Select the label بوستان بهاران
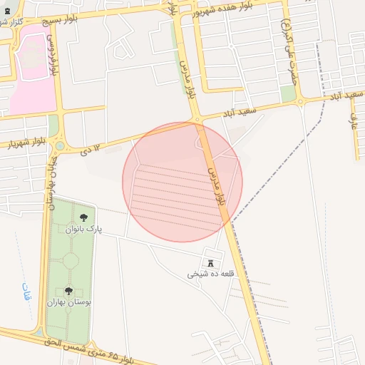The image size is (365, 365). point(69,302)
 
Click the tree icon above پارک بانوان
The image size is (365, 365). point(84,217)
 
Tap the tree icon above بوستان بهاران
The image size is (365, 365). point(69,290)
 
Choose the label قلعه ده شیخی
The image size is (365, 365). point(211,274)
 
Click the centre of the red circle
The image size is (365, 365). point(182,182)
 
